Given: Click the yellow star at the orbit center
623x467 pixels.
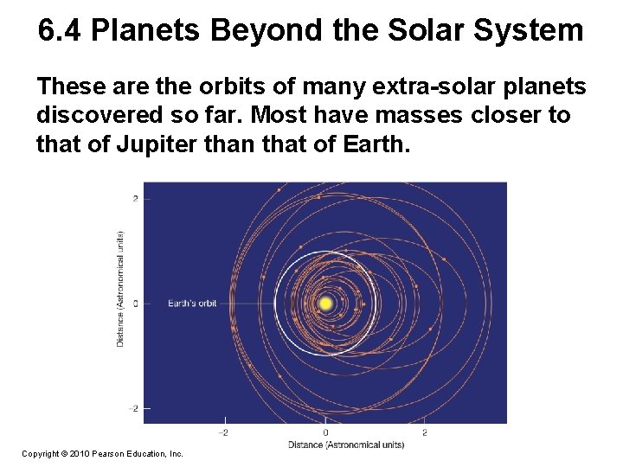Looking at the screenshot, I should [x=325, y=304].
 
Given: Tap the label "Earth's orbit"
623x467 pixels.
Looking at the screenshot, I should [x=192, y=304].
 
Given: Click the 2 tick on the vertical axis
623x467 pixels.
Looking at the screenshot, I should [x=135, y=199].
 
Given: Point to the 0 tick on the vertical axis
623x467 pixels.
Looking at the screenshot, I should [x=135, y=304].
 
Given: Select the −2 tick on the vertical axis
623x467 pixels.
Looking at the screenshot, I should [x=133, y=408].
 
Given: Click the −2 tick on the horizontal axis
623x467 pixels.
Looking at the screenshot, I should [x=223, y=432].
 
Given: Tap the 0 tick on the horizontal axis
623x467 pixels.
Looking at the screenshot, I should [x=325, y=432].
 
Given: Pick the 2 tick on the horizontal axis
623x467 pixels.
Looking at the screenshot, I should [x=424, y=432].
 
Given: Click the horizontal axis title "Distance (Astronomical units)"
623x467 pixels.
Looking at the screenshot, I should [x=345, y=445].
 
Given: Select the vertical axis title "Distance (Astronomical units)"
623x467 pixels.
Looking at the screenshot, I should [x=119, y=289].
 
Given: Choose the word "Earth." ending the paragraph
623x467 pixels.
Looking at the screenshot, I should [x=369, y=143].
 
